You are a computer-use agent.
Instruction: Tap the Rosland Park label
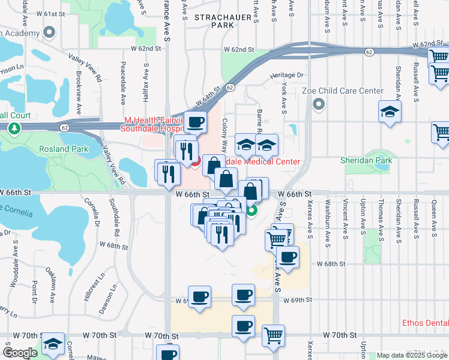pyautogui.click(x=64, y=149)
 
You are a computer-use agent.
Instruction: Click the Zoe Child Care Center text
pyautogui.click(x=342, y=91)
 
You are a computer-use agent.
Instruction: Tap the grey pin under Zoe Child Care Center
pyautogui.click(x=318, y=105)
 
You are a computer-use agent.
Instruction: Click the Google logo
pyautogui.click(x=20, y=353)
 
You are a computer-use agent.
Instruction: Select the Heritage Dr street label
pyautogui.click(x=287, y=75)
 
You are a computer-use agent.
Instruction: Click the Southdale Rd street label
pyautogui.click(x=117, y=218)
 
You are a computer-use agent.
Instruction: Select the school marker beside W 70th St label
pyautogui.click(x=54, y=344)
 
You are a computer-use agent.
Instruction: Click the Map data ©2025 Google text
pyautogui.click(x=412, y=355)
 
